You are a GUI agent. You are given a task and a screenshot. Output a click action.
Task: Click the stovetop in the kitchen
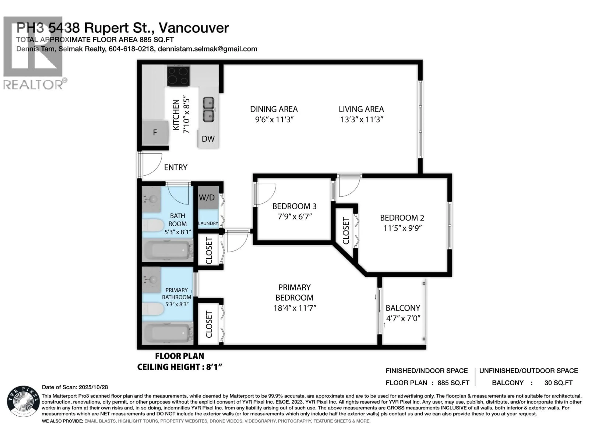point(178,76)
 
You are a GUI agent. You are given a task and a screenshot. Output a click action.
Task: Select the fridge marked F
point(155,132)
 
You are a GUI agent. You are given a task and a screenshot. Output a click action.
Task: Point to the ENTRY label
point(175,168)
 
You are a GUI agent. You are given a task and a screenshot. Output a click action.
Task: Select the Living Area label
point(361,109)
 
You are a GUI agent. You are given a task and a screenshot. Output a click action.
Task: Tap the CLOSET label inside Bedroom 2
point(346,231)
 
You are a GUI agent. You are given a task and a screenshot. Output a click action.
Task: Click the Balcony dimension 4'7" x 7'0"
point(403,318)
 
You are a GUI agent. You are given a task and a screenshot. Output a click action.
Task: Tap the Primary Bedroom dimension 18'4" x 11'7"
point(294,308)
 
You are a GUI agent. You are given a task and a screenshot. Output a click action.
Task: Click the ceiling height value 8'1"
point(213,367)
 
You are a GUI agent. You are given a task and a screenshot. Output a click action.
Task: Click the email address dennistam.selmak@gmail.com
point(207,49)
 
